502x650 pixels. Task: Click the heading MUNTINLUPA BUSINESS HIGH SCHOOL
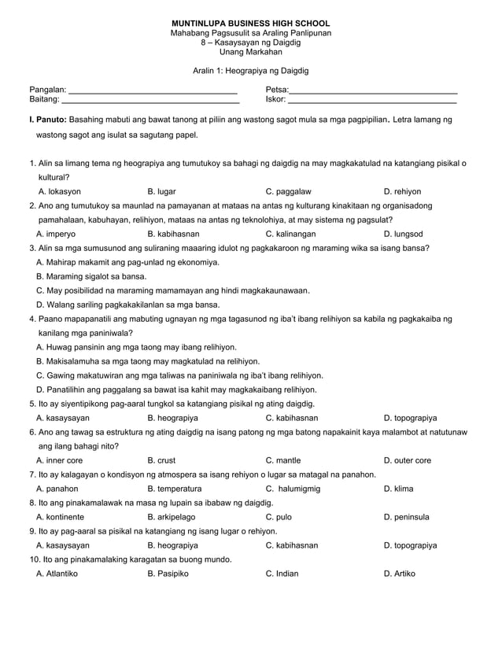(251, 24)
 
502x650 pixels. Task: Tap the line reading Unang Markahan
(251, 53)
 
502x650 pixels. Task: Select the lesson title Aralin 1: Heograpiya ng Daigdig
(251, 71)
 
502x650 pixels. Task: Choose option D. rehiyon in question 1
(402, 191)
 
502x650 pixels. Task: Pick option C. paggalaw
(288, 191)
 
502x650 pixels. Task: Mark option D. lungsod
(403, 234)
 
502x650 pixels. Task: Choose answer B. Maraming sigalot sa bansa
(91, 276)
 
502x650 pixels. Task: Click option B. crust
(161, 460)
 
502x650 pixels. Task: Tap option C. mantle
(283, 460)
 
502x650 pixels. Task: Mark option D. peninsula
(408, 517)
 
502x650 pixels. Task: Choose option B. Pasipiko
(168, 574)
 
